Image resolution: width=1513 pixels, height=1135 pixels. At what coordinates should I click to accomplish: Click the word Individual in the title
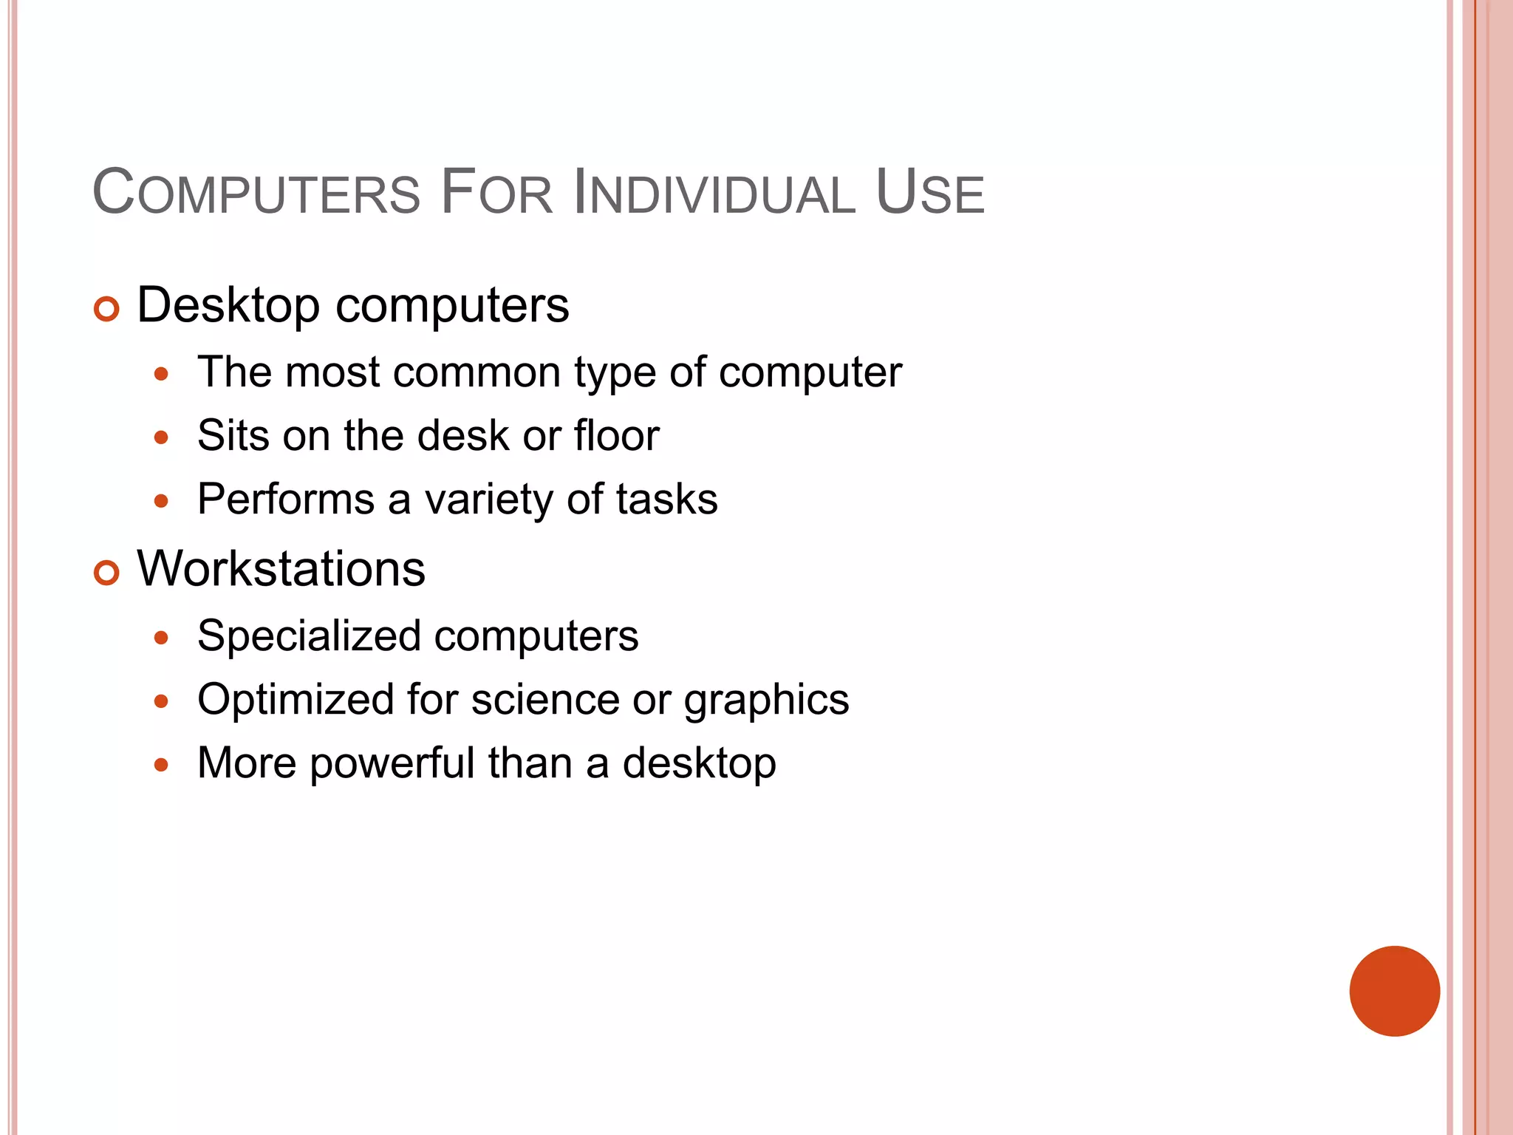click(714, 194)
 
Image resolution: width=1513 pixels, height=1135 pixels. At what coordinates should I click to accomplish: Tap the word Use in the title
click(929, 194)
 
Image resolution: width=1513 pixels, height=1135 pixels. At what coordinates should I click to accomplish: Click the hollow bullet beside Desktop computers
click(107, 309)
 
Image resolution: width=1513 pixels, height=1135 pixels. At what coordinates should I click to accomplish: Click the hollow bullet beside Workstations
click(107, 573)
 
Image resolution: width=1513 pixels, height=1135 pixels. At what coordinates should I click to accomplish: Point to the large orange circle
click(1394, 991)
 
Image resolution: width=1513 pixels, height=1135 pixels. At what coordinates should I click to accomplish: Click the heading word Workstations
click(281, 569)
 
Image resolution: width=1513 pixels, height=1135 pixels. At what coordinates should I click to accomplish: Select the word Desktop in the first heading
click(228, 305)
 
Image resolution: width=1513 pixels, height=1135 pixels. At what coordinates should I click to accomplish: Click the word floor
click(617, 435)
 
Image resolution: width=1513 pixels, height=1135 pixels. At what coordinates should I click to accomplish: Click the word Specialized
click(310, 636)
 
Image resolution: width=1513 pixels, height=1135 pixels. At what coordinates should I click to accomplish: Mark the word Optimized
click(296, 700)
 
